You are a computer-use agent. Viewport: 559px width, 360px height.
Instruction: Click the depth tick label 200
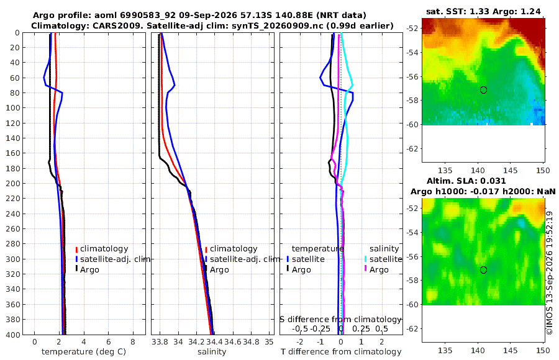pos(13,183)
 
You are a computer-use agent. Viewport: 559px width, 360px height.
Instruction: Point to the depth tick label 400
pos(13,335)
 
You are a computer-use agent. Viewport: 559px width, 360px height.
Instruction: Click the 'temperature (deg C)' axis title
pos(84,352)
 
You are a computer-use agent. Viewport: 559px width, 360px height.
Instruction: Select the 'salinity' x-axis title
pos(212,352)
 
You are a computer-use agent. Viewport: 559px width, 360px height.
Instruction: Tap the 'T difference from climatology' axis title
pos(341,352)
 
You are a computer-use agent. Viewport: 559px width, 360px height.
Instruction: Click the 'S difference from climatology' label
pos(340,319)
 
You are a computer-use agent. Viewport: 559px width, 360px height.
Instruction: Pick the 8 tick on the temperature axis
pos(133,342)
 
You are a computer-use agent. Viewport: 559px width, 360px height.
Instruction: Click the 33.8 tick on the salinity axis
pos(160,342)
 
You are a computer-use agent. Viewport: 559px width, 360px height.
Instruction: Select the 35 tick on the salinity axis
pos(269,342)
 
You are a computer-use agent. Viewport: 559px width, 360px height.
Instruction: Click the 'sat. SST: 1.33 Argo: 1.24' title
pos(483,11)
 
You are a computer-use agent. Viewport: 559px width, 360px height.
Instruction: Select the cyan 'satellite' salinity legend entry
pos(384,259)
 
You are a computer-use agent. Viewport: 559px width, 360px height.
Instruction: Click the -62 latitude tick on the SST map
pos(412,148)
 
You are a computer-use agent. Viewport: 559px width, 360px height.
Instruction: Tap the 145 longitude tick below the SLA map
pos(511,350)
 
